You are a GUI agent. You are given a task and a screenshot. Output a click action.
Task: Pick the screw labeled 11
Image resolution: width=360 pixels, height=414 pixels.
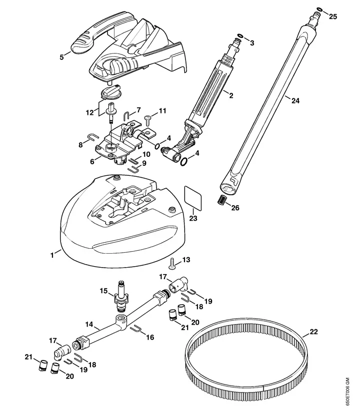pos(148,118)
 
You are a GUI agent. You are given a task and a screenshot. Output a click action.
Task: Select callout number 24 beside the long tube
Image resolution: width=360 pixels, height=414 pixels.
pos(295,100)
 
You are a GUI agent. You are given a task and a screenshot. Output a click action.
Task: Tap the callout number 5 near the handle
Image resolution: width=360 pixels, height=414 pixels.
pos(62,57)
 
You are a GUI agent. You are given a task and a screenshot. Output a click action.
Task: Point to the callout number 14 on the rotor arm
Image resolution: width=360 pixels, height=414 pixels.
pos(89,324)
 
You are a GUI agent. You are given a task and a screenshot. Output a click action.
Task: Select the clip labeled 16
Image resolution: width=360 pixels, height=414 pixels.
pos(135,329)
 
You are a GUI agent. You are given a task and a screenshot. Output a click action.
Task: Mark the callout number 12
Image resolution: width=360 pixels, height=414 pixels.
pos(89,113)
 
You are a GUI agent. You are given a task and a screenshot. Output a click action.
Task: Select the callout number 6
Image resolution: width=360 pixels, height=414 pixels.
pos(91,161)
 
